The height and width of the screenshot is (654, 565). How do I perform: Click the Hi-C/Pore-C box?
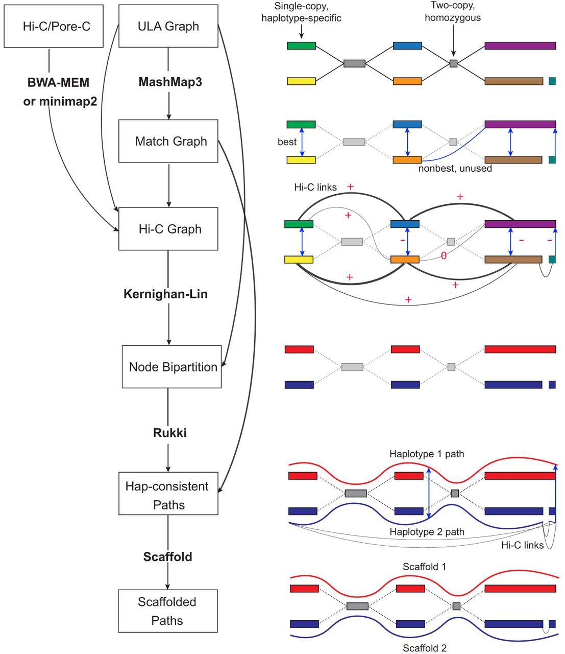54,26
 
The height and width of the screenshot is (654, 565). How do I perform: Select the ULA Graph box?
168,26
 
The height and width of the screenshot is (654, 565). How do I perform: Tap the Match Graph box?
168,141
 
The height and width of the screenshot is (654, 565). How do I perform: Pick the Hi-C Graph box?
168,229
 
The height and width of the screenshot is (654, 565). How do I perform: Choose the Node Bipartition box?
171,367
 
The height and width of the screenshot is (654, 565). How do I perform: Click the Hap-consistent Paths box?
168,495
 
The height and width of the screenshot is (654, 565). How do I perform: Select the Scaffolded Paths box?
167,611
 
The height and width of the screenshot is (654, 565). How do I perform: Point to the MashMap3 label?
170,82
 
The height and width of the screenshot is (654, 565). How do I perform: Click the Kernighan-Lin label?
165,294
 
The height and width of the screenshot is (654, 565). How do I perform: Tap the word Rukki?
169,433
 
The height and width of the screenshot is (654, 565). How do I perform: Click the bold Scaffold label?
167,556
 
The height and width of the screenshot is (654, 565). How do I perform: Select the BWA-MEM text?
59,82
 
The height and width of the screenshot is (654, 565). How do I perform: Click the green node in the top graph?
301,46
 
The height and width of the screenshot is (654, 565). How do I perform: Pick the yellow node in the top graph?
301,81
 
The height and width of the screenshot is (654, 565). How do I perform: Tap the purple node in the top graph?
520,46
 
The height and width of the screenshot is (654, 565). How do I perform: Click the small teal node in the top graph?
552,81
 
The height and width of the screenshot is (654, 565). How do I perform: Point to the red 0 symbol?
444,256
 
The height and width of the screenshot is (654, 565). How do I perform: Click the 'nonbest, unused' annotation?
455,169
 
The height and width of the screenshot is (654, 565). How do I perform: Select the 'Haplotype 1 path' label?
427,454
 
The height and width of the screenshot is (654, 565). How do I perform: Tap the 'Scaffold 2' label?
425,648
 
